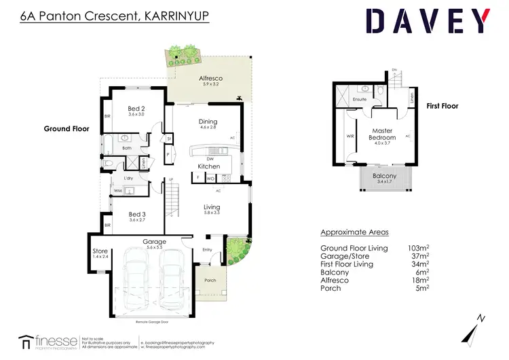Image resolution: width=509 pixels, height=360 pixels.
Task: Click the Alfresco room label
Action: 210,79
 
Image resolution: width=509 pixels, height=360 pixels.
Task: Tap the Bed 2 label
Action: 136,109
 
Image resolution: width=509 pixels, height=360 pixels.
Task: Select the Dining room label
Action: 208,122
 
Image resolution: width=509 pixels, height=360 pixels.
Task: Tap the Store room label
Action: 100,252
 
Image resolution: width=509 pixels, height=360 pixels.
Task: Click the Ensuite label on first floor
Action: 359,100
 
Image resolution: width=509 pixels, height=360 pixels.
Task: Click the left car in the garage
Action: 134,276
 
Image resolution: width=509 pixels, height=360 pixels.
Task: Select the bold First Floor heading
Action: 442,106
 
